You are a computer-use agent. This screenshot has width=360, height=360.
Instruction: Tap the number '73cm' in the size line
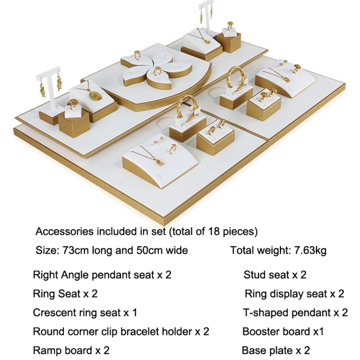pyautogui.click(x=75, y=250)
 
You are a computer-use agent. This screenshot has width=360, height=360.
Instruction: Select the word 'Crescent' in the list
pyautogui.click(x=54, y=312)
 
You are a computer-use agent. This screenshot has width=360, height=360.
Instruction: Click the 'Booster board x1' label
pyautogui.click(x=283, y=332)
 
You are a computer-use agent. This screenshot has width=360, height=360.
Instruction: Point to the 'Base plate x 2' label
pyautogui.click(x=276, y=350)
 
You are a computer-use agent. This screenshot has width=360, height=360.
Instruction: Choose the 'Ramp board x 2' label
pyautogui.click(x=71, y=350)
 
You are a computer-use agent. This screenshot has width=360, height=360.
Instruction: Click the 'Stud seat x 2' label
pyautogui.click(x=275, y=275)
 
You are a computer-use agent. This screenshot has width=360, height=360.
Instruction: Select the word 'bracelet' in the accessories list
pyautogui.click(x=156, y=332)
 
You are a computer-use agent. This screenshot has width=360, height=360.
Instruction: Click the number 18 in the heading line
pyautogui.click(x=214, y=231)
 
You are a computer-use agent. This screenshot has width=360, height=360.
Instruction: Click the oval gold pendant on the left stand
pyautogui.click(x=96, y=96)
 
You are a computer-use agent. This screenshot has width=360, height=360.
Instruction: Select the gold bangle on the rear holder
pyautogui.click(x=236, y=79)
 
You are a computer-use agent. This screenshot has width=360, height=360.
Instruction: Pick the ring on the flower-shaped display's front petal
pyautogui.click(x=157, y=71)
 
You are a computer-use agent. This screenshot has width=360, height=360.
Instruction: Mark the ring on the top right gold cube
pyautogui.click(x=230, y=25)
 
